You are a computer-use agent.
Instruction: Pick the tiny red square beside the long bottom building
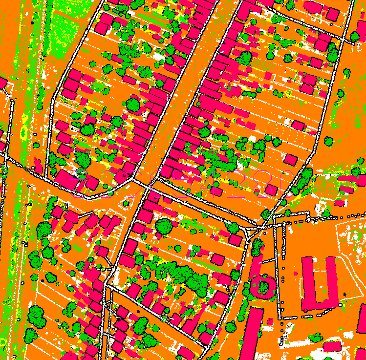click(x=270, y=320)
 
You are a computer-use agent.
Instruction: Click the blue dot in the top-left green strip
click(x=32, y=22)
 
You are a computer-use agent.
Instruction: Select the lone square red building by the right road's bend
click(x=291, y=160)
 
